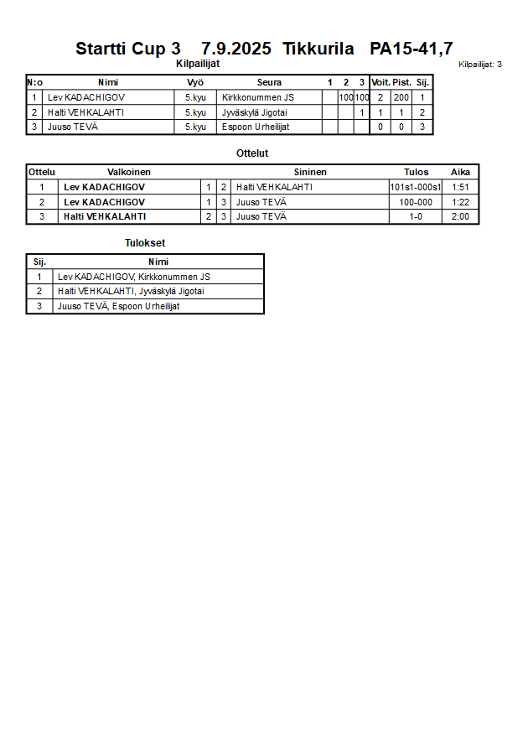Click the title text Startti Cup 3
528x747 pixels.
click(127, 49)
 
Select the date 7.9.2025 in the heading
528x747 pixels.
click(236, 49)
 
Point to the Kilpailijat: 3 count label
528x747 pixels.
click(480, 64)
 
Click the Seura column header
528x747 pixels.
click(269, 82)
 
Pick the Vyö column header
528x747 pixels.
click(195, 82)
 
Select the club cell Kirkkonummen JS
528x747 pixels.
click(257, 97)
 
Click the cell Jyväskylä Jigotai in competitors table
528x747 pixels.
click(256, 112)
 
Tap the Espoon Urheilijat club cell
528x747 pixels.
click(256, 127)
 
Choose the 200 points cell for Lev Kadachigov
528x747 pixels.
click(401, 97)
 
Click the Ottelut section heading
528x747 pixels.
click(252, 153)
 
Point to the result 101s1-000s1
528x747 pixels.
click(416, 187)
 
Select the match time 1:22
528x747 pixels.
click(460, 202)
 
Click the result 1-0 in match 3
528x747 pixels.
click(416, 216)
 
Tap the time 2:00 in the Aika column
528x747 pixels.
click(460, 216)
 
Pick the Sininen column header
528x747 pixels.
click(310, 172)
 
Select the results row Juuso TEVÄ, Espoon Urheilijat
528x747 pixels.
click(118, 306)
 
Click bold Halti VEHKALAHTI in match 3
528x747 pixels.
click(105, 216)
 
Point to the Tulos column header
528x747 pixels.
click(416, 172)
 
